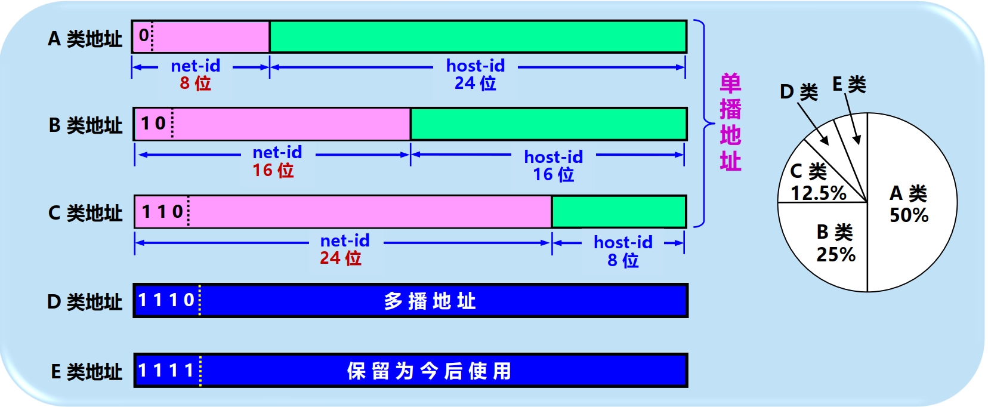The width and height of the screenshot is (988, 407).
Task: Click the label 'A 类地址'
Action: point(85,39)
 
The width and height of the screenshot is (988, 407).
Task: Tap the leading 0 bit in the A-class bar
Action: point(143,35)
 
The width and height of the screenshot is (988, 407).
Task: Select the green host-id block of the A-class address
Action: point(477,36)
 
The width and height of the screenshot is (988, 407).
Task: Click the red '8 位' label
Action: point(196,83)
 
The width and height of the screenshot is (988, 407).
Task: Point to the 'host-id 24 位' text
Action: point(476,74)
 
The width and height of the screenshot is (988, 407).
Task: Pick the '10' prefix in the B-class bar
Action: point(153,124)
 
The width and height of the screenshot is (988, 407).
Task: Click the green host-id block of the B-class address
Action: point(548,124)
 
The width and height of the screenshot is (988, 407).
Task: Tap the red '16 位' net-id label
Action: point(273,171)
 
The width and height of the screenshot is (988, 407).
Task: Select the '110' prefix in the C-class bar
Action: point(162,211)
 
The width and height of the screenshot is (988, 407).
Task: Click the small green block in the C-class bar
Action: point(619,211)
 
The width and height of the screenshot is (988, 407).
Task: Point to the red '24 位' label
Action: point(341,258)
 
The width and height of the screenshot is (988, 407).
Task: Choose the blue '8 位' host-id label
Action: point(623,261)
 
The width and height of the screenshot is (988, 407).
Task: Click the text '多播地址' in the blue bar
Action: point(430,301)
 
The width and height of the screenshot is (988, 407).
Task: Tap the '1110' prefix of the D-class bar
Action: point(166,300)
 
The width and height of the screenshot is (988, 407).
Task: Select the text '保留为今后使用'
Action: point(429,371)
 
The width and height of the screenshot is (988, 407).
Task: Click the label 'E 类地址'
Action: point(86,372)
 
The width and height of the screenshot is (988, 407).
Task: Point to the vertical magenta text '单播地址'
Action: point(730,122)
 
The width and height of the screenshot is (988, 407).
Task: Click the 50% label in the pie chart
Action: point(909,215)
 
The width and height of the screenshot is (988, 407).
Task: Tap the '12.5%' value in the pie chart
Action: point(819,193)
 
